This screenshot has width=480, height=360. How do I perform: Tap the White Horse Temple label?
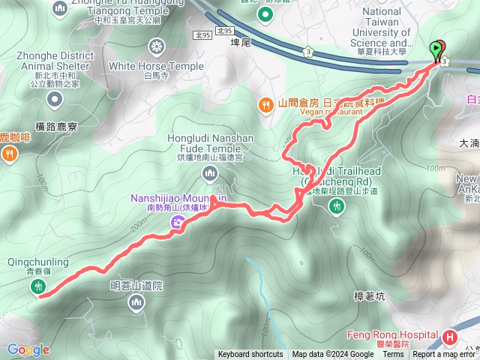point(155,66)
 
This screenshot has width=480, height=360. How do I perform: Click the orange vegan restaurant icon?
point(265,104)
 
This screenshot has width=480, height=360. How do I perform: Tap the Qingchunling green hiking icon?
point(38,286)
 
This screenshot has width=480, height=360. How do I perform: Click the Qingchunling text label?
point(38,262)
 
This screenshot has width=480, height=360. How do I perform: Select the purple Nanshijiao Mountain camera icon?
point(177,221)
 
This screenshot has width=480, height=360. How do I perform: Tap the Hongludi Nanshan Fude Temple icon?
point(209,174)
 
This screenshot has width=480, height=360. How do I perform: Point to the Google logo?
point(28,349)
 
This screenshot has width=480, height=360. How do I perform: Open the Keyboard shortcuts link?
point(250,355)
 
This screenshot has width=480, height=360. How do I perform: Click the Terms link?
point(393,355)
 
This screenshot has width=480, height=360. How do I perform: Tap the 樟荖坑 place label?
point(369,297)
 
